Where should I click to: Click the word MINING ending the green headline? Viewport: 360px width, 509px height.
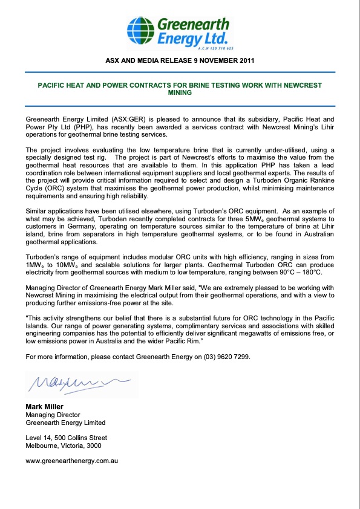click(180, 93)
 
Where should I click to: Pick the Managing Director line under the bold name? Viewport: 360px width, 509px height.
click(53, 415)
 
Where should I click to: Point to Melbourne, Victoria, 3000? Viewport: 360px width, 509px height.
click(64, 445)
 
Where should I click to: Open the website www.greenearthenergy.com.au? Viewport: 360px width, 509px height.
click(71, 461)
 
